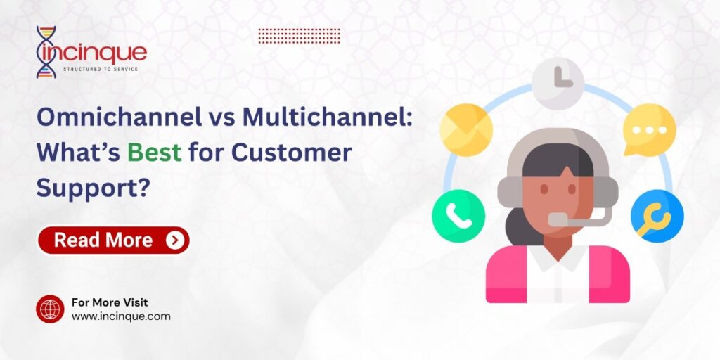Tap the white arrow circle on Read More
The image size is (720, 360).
(175, 240)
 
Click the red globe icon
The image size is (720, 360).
(50, 309)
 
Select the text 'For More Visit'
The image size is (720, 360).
(109, 302)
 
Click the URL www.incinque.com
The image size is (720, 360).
(121, 316)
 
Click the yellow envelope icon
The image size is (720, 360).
(465, 129)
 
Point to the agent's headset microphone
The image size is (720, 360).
(560, 219)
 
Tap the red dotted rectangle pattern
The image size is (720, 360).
(300, 36)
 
